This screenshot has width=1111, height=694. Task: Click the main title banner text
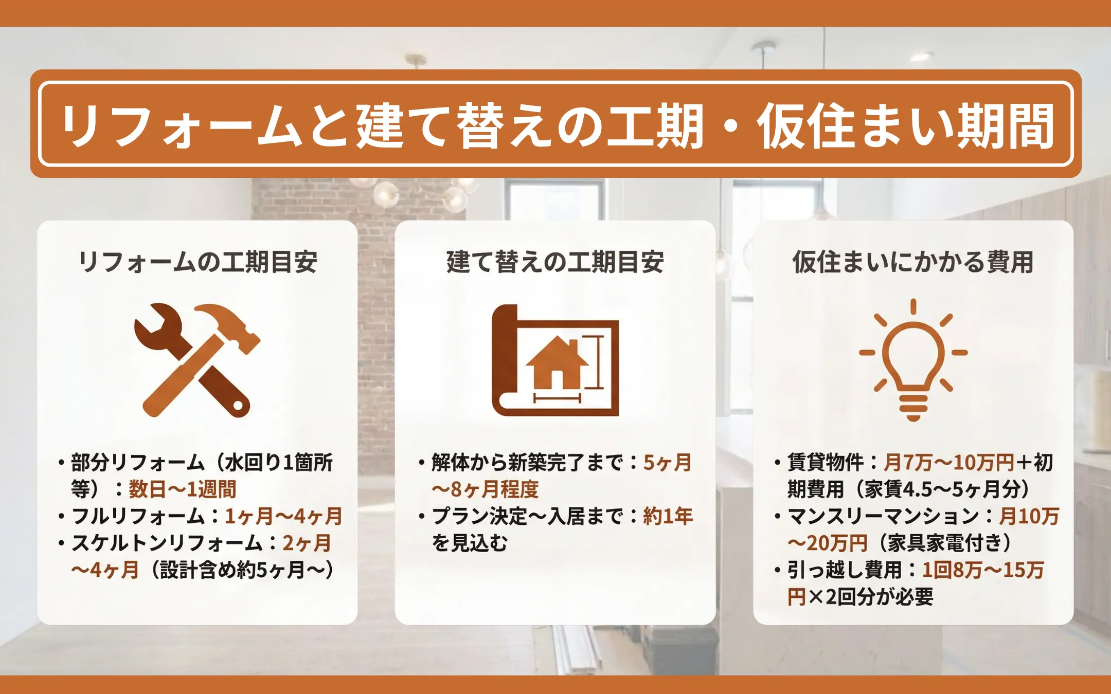(x=558, y=125)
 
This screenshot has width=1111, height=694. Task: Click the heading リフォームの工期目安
(x=198, y=262)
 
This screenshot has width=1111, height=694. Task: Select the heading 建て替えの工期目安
(x=555, y=262)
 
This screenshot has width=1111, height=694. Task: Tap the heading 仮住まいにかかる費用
(x=913, y=262)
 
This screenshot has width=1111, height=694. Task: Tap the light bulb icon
(x=913, y=360)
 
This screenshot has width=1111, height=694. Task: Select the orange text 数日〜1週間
(x=183, y=489)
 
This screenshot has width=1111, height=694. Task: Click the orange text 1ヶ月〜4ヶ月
(x=284, y=516)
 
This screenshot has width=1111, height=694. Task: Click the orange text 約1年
(x=668, y=516)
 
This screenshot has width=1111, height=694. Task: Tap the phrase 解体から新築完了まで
(x=528, y=462)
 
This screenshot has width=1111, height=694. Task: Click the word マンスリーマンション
(x=883, y=516)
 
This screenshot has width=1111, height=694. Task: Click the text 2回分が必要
(x=880, y=597)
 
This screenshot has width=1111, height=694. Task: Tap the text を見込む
(x=470, y=543)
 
